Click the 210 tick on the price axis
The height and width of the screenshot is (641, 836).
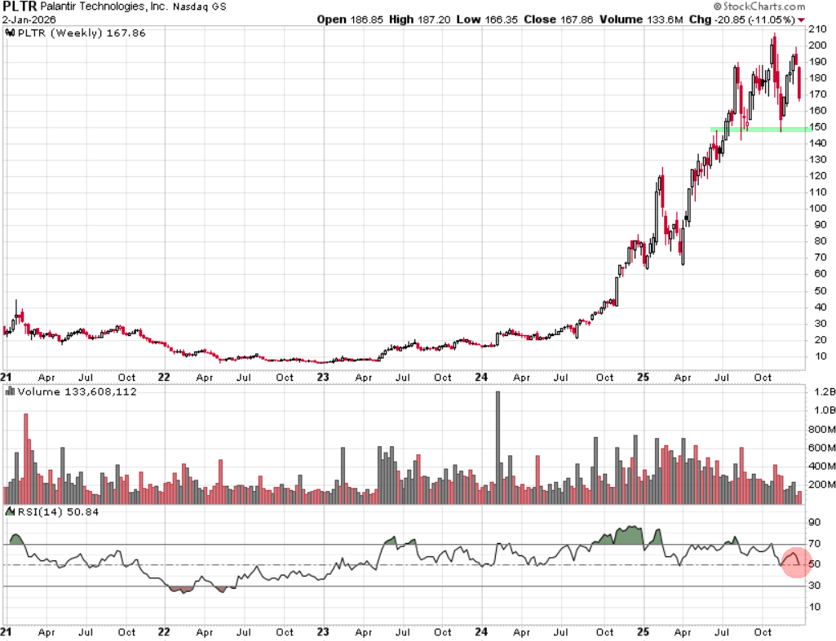pos(818,29)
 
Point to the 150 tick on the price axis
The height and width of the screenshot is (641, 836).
pos(818,127)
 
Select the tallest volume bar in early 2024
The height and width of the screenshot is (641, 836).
pos(498,440)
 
